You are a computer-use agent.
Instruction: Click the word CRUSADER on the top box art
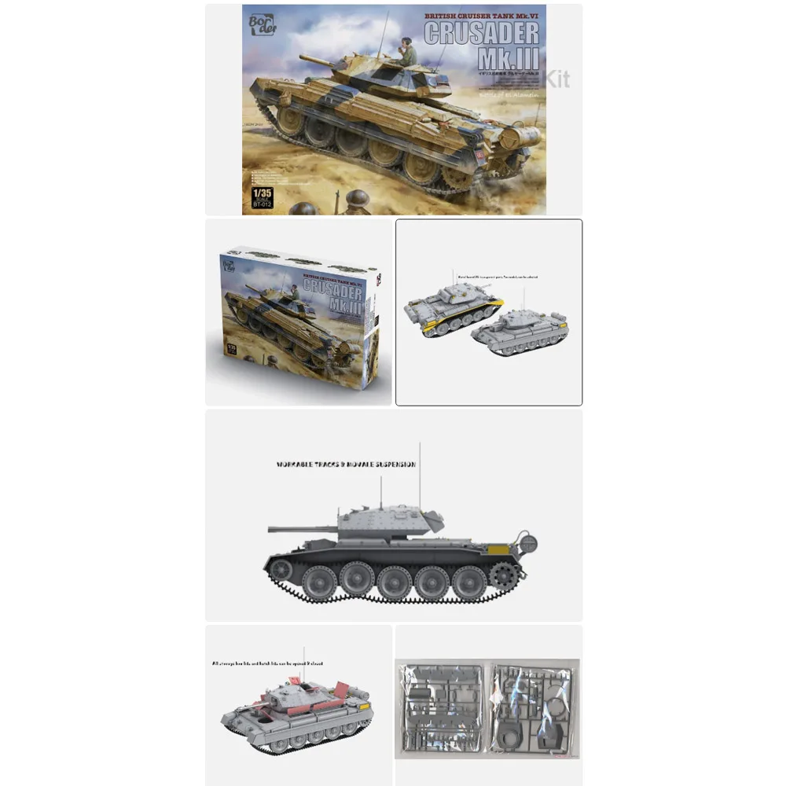tap(481, 32)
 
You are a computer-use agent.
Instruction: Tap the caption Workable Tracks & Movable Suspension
tap(346, 465)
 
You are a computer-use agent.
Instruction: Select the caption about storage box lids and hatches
tap(267, 663)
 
